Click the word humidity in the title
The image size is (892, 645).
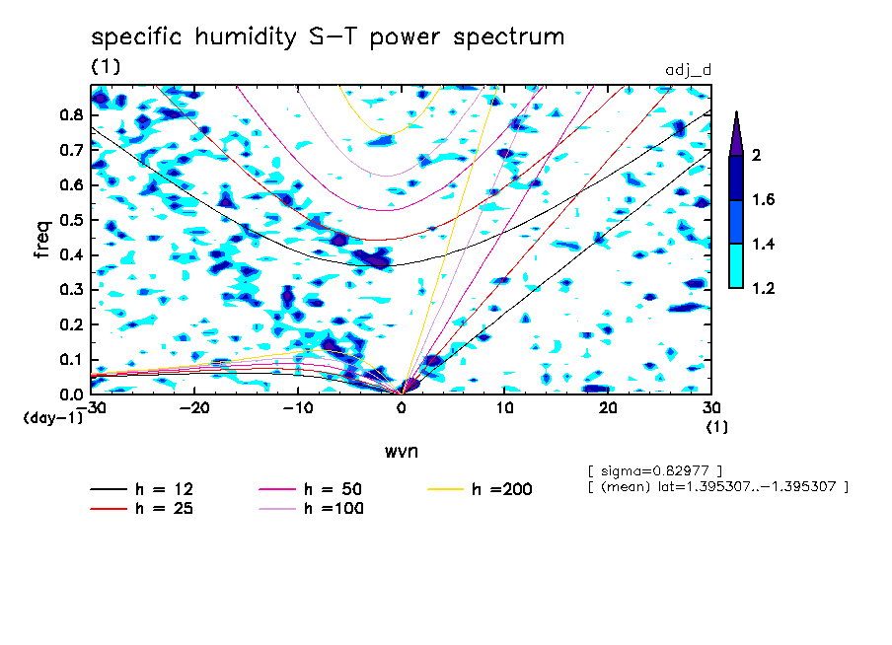tap(246, 37)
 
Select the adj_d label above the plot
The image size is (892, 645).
tap(689, 70)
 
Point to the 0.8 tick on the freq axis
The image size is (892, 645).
tap(72, 114)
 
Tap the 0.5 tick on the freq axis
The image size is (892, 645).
tap(72, 220)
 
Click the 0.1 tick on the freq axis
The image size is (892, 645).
tap(72, 360)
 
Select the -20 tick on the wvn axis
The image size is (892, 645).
tap(194, 408)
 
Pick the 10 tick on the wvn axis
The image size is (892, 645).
tap(504, 408)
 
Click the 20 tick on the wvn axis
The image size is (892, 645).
tap(608, 408)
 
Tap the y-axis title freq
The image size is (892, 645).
tap(42, 240)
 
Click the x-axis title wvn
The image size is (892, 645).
tap(402, 452)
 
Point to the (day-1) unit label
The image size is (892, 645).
tap(52, 418)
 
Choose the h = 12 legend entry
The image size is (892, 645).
tap(142, 489)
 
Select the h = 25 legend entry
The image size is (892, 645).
tap(142, 508)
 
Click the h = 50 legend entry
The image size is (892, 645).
tap(311, 489)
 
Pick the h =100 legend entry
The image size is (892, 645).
tap(311, 508)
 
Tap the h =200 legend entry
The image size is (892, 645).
tap(481, 489)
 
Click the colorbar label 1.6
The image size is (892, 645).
tap(763, 199)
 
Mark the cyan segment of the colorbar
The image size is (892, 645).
tap(736, 266)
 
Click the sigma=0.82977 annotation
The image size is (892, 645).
tap(655, 471)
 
